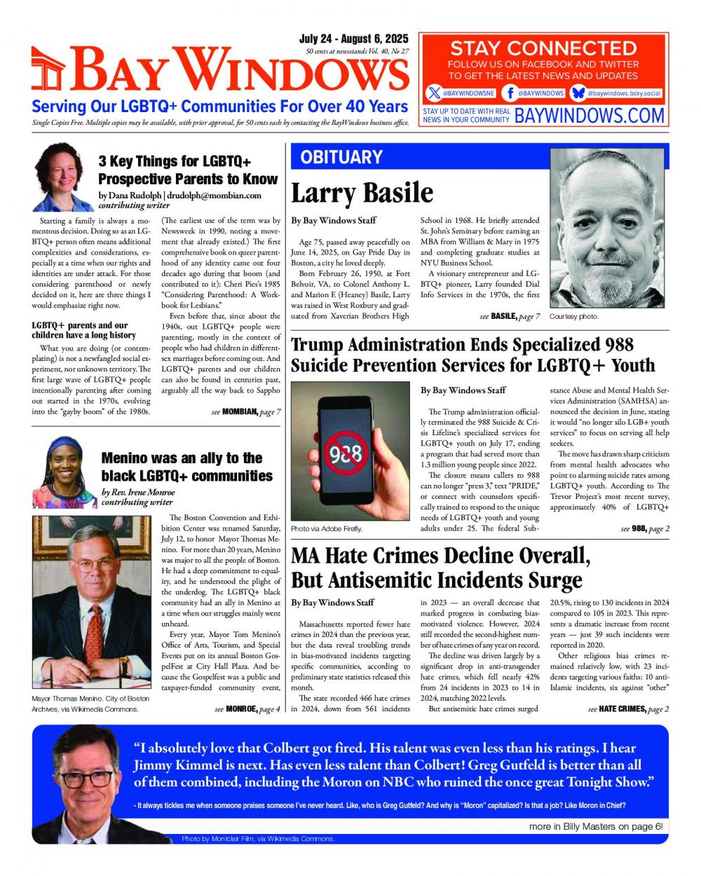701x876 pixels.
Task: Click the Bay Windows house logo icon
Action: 49,71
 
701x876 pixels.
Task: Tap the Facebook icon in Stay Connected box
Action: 510,93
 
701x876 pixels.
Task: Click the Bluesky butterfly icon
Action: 578,93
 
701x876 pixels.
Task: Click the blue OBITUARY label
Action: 341,157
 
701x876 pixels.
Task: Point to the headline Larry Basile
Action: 362,193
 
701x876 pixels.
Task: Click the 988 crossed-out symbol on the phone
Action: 345,454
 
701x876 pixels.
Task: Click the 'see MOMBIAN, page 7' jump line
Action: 245,412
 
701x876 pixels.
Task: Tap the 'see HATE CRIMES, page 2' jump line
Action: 628,709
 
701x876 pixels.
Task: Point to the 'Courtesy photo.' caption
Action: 574,317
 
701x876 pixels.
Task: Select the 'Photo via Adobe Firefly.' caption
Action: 326,528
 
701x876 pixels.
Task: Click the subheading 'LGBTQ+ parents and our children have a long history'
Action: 84,330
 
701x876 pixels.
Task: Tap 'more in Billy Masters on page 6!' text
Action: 596,827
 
